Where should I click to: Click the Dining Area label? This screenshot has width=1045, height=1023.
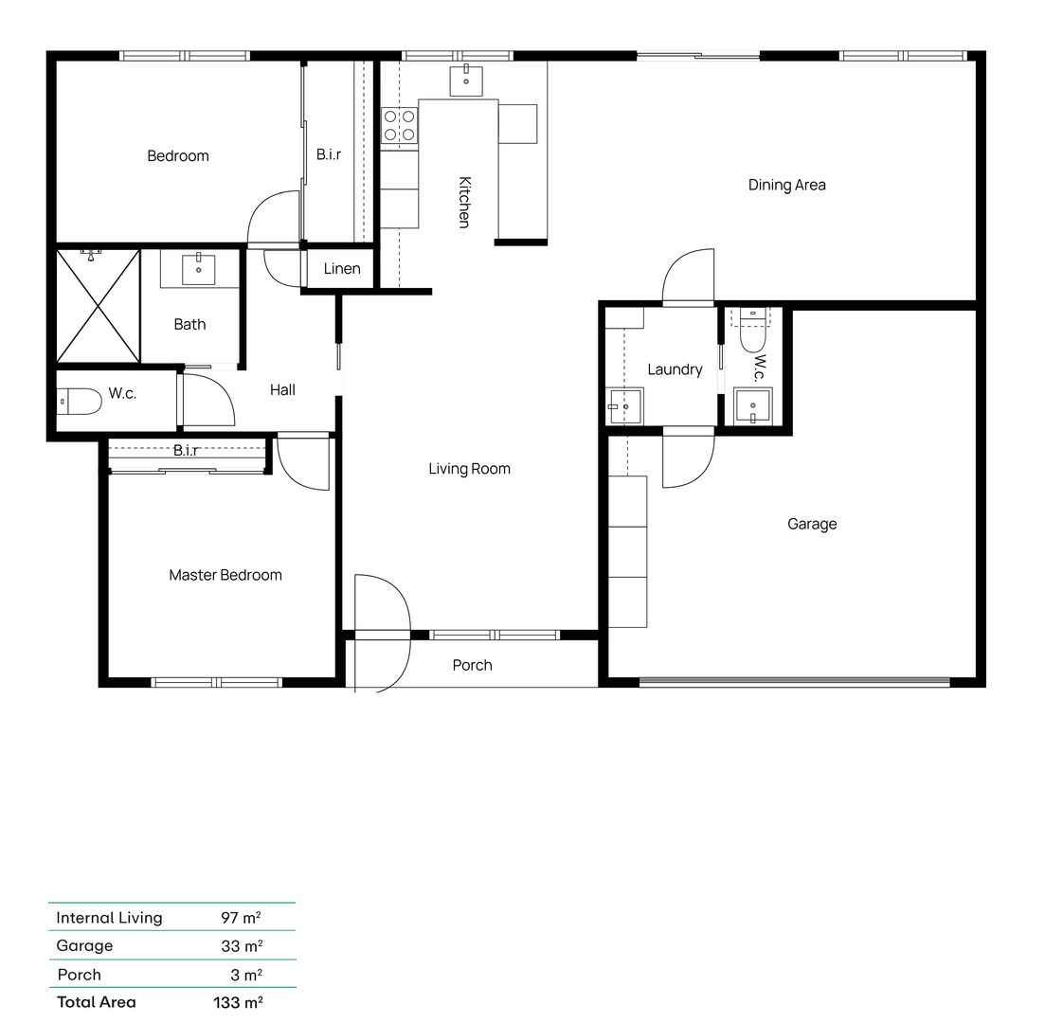click(786, 185)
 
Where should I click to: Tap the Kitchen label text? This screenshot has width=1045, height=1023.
click(464, 202)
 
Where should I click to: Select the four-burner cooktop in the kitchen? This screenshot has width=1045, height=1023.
click(399, 126)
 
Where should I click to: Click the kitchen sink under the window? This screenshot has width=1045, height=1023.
click(466, 78)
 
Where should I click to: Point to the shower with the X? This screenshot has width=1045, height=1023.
click(98, 305)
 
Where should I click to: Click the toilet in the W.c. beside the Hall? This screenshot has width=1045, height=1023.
click(80, 403)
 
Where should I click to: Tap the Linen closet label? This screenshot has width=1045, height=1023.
click(341, 269)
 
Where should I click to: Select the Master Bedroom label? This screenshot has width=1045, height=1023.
click(225, 575)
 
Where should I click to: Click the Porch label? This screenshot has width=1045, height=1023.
click(472, 665)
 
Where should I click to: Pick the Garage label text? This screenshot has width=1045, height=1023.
click(812, 524)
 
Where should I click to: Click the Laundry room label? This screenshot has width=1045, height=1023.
click(675, 369)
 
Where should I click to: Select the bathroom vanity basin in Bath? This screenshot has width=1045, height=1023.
click(199, 269)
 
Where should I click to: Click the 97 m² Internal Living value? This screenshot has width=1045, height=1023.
click(241, 917)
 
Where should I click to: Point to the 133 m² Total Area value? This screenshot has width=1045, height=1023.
click(238, 1002)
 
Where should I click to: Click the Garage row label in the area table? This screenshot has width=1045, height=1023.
click(84, 945)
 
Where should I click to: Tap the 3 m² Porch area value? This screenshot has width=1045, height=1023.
click(245, 974)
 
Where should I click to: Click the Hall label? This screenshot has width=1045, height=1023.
click(282, 389)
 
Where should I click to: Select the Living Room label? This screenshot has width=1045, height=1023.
click(469, 469)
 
